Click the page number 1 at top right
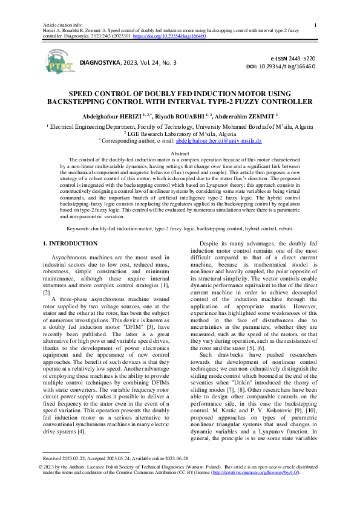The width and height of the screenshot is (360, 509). [x=316, y=25]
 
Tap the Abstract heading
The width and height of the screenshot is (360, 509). [x=180, y=154]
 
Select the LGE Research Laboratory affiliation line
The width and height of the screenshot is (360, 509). [x=180, y=134]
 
